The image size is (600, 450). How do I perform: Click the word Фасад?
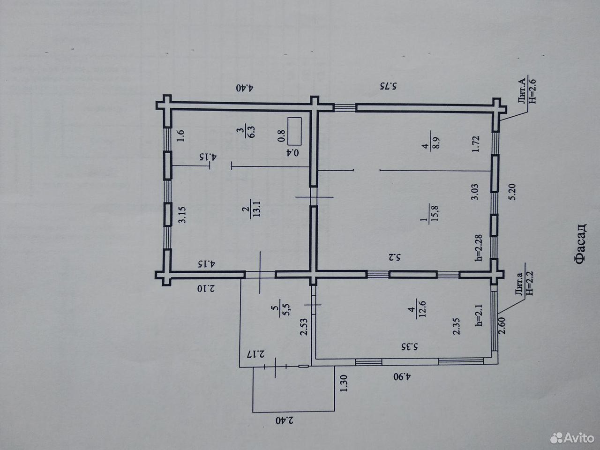579,245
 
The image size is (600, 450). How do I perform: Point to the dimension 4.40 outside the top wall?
245,88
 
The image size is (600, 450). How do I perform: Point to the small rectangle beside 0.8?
295,131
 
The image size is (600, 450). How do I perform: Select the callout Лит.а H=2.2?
522,285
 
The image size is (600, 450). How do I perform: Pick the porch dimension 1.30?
344,383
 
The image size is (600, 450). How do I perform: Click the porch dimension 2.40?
285,420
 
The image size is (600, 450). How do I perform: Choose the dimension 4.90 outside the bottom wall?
403,377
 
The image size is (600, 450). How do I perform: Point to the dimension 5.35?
410,347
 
